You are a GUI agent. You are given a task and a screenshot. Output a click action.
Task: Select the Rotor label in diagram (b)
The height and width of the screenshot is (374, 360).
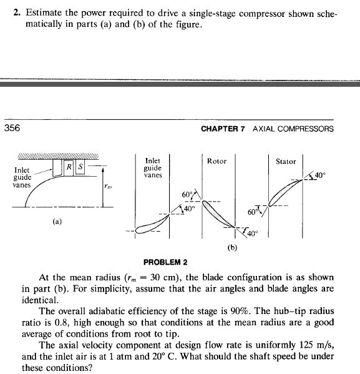216,161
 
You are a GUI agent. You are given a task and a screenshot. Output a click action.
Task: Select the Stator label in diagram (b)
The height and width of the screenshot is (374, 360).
286,162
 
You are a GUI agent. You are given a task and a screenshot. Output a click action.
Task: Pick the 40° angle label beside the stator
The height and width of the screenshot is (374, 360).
321,175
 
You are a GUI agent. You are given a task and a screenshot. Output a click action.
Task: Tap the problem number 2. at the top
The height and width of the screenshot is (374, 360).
17,12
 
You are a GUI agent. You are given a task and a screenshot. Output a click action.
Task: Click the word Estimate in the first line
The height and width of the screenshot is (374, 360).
47,12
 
